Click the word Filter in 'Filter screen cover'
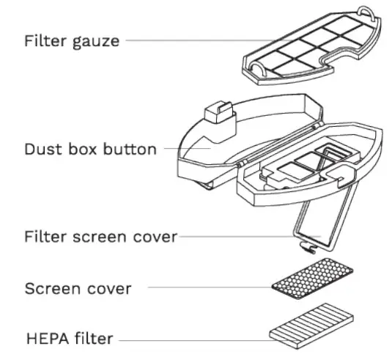pos(43,237)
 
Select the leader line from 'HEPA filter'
pos(194,339)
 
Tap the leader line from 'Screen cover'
pos(209,287)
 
